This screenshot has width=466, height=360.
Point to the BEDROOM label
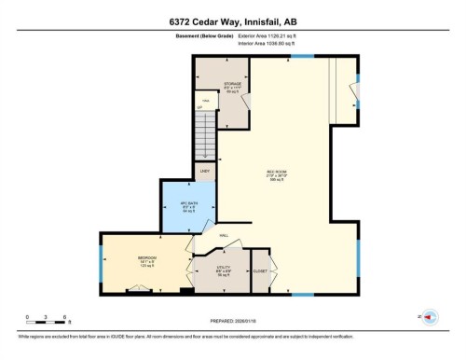[147, 257]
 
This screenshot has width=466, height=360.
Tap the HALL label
[224, 236]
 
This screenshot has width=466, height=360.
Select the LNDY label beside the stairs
[205, 171]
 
